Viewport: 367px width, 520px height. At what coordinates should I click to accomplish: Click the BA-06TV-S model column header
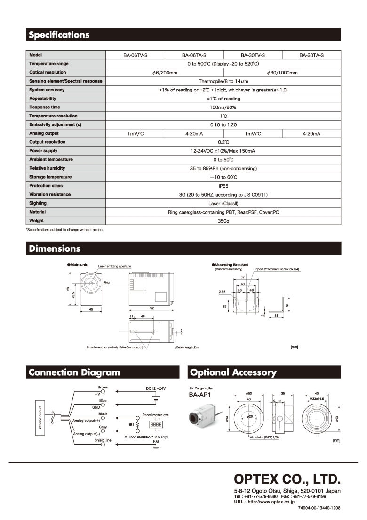pyautogui.click(x=136, y=55)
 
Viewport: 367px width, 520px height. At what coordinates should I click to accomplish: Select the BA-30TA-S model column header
pyautogui.click(x=311, y=55)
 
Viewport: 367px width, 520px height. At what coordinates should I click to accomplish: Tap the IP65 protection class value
pyautogui.click(x=223, y=186)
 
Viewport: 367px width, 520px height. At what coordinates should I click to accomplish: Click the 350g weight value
pyautogui.click(x=223, y=221)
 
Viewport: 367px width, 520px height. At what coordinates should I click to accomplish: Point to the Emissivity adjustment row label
pyautogui.click(x=58, y=124)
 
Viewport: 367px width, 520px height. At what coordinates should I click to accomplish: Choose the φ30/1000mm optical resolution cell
pyautogui.click(x=282, y=73)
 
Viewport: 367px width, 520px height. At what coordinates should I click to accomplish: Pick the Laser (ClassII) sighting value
pyautogui.click(x=223, y=203)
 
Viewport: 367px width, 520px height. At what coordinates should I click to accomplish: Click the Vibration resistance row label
pyautogui.click(x=50, y=194)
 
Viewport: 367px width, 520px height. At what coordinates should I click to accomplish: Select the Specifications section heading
pyautogui.click(x=59, y=35)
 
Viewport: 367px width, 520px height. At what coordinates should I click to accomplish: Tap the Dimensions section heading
pyautogui.click(x=55, y=248)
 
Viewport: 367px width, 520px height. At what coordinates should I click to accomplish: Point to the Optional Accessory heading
pyautogui.click(x=233, y=372)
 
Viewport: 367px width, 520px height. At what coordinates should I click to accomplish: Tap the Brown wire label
pyautogui.click(x=103, y=388)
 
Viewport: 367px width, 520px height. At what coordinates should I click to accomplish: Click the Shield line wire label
pyautogui.click(x=103, y=440)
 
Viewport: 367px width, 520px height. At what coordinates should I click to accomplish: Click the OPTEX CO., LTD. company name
pyautogui.click(x=287, y=480)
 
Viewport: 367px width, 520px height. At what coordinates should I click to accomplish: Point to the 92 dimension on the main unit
pyautogui.click(x=152, y=308)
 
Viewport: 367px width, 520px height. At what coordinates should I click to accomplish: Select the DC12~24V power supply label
pyautogui.click(x=156, y=388)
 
